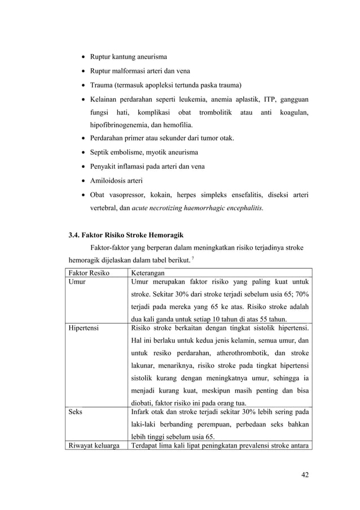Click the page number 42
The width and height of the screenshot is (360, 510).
pos(305,474)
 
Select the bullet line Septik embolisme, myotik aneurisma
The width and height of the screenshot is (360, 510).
pos(142,152)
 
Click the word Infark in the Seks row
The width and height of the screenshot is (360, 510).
pos(141,413)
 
